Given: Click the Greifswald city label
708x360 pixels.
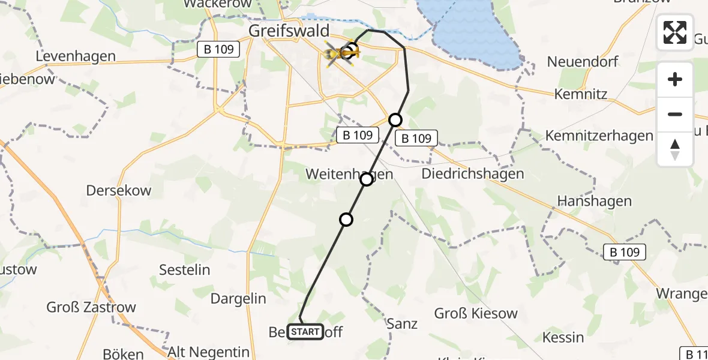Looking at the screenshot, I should pos(290,31).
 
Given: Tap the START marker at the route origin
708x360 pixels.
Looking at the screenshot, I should pos(305,332).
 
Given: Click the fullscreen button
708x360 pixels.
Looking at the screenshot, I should pos(675,32).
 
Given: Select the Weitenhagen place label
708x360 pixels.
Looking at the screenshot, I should pos(349,174).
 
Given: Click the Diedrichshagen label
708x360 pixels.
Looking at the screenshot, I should pos(473,174).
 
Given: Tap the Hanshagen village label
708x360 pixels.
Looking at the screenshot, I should pos(595,201).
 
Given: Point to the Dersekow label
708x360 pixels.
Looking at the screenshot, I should pos(119,190).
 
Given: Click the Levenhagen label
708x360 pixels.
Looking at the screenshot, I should pos(76,56).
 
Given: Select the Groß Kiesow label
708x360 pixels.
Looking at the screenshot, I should pos(476,313).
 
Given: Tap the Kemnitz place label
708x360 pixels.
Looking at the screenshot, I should pos(581,94).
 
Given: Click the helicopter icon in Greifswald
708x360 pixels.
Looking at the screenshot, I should pos(340,55).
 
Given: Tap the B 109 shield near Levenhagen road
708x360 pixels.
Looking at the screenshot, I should pos(218,49).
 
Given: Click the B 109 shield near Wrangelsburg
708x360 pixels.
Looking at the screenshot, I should pos(625,253).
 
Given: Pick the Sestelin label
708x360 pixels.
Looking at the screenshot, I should pos(184,269).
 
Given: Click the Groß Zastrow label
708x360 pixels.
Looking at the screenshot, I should pos(91,308).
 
